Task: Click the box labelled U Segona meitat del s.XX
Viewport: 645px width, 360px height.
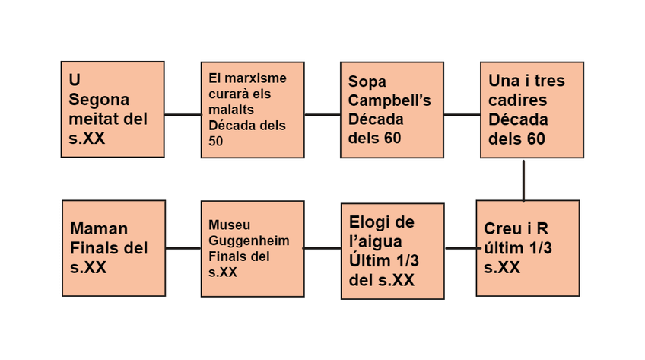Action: coord(113,109)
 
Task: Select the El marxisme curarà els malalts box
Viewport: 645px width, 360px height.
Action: coord(253,109)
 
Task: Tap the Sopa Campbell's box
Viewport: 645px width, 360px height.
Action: coord(392,109)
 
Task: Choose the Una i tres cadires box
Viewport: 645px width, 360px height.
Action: coord(532,109)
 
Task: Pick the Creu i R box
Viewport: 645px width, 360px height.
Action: coord(527,247)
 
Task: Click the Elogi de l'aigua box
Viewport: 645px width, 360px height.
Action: coord(392,250)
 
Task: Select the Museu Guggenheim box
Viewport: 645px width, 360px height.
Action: coord(253,248)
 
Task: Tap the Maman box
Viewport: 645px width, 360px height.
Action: coord(113,248)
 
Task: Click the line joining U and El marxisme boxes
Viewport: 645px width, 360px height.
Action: coord(183,115)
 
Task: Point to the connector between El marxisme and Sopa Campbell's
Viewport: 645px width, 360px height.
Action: coord(322,115)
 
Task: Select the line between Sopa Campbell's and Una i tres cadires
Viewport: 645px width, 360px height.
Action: coord(462,115)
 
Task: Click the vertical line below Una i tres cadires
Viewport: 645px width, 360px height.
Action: coord(524,179)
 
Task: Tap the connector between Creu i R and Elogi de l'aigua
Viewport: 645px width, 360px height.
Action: coord(460,248)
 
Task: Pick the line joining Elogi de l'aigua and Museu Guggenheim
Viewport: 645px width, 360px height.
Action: coord(322,248)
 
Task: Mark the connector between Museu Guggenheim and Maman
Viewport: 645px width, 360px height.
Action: coord(183,248)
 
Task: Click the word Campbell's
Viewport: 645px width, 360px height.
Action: coord(389,100)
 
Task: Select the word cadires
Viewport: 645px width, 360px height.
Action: coord(517,100)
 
